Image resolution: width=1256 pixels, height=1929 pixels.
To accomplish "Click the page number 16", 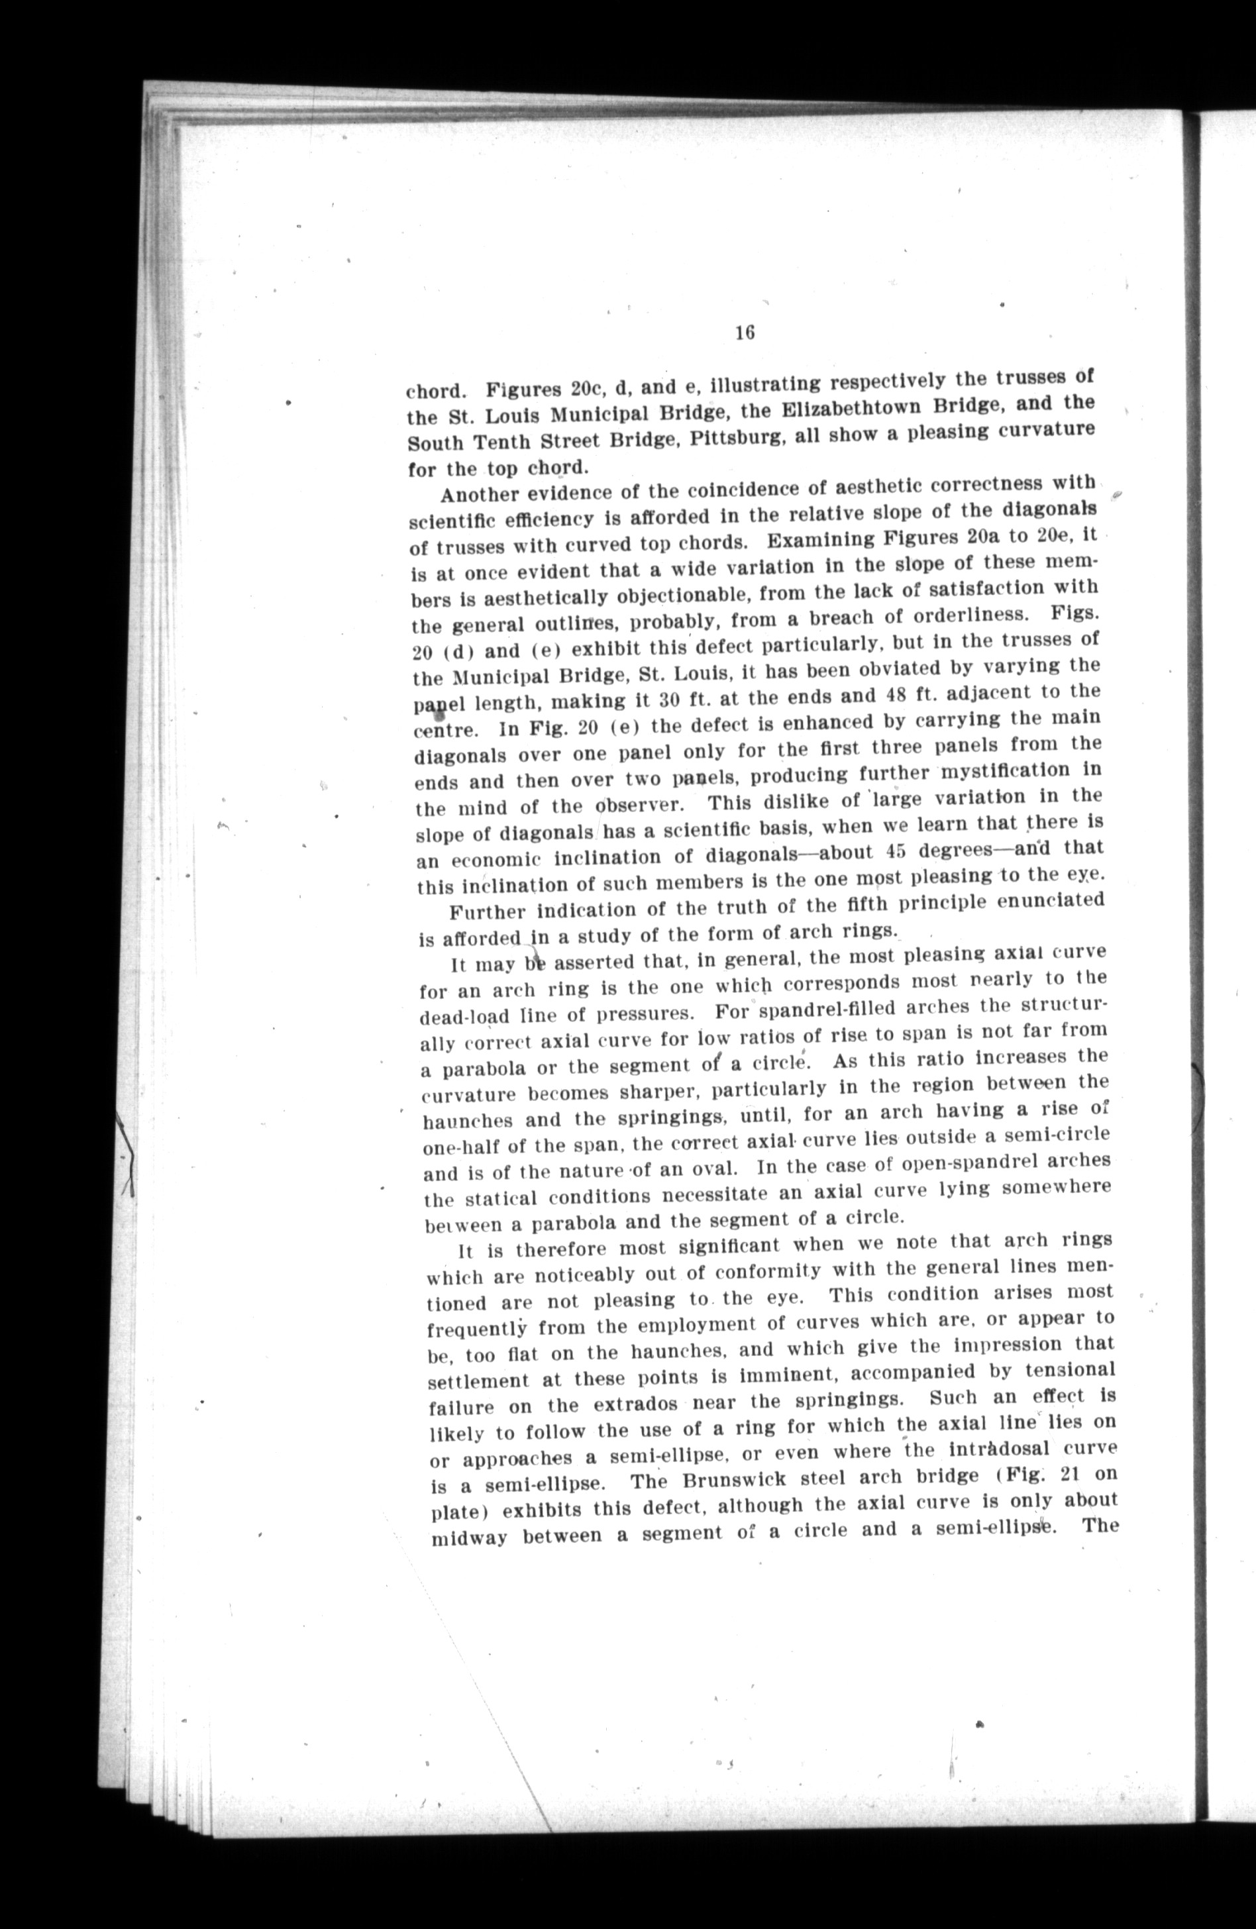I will [x=745, y=333].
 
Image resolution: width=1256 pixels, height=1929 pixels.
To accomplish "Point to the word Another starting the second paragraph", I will [x=480, y=494].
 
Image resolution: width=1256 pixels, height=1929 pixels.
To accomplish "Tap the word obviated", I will [x=880, y=670].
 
